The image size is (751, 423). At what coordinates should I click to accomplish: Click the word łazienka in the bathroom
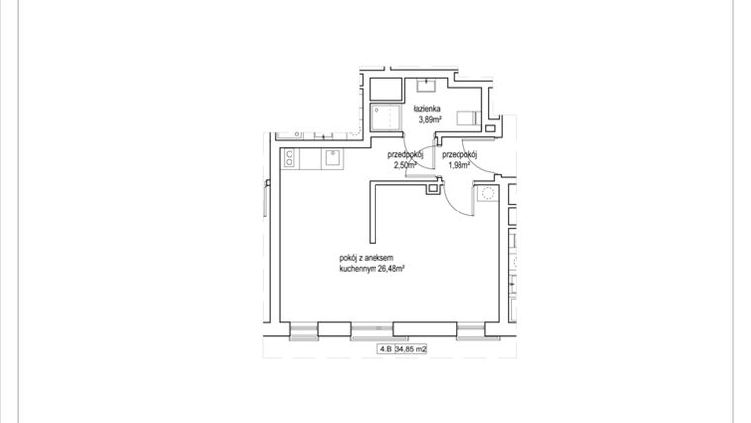click(428, 108)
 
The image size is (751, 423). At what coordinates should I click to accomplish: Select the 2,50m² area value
click(405, 165)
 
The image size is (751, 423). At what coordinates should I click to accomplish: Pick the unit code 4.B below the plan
click(384, 348)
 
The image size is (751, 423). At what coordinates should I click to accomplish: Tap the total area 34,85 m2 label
click(410, 348)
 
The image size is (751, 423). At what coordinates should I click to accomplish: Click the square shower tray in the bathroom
click(385, 118)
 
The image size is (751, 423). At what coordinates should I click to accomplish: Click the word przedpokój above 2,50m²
click(405, 155)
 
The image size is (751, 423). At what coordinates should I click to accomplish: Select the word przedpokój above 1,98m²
click(459, 155)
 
